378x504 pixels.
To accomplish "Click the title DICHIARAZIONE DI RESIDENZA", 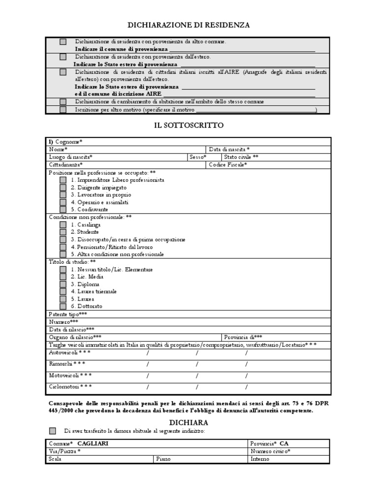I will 189,25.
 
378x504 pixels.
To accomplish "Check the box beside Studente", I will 63,232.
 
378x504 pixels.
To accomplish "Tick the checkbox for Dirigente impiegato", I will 63,188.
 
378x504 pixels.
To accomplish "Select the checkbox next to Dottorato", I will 63,306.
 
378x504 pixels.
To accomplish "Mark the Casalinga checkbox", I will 63,224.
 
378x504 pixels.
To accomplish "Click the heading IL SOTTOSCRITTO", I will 189,126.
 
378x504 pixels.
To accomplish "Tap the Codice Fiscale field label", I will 228,165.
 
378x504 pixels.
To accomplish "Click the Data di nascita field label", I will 229,149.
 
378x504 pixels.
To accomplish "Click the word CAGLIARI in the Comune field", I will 93,443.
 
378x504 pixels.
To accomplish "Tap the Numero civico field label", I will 271,451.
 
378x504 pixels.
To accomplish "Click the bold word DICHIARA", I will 189,422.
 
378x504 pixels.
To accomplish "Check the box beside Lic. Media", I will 63,277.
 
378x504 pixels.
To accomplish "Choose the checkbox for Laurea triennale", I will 63,291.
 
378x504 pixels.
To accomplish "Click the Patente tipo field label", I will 68,314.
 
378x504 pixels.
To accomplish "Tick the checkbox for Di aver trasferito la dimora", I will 53,431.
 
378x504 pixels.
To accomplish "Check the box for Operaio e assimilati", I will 63,202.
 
